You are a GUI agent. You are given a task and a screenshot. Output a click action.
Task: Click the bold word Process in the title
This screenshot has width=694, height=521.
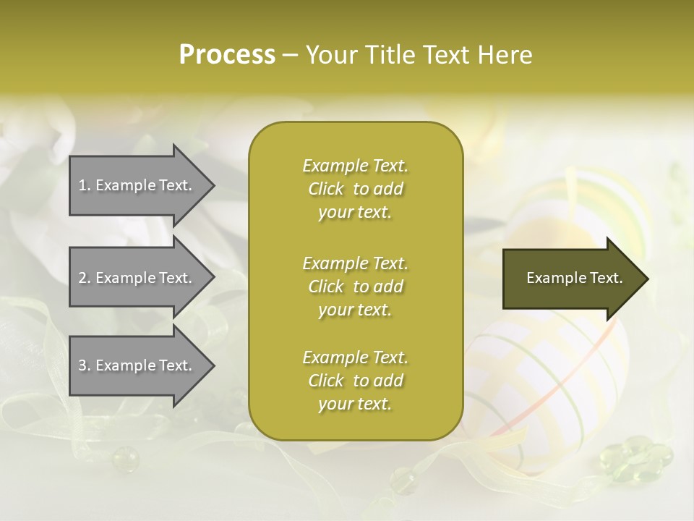pyautogui.click(x=227, y=54)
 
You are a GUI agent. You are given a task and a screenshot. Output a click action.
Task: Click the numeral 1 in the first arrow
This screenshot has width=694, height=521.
pyautogui.click(x=82, y=185)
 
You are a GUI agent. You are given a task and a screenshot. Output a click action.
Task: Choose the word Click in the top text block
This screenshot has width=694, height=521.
pyautogui.click(x=325, y=190)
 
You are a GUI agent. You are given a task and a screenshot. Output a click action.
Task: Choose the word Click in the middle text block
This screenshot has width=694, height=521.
pyautogui.click(x=325, y=287)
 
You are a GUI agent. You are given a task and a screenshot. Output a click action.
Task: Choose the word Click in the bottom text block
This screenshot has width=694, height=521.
pyautogui.click(x=325, y=381)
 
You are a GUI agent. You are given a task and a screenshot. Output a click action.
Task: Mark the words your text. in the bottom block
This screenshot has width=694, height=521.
pyautogui.click(x=355, y=404)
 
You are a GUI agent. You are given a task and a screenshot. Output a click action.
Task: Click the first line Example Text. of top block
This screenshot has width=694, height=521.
pyautogui.click(x=355, y=166)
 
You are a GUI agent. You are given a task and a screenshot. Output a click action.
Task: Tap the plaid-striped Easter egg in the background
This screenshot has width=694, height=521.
pyautogui.click(x=549, y=376)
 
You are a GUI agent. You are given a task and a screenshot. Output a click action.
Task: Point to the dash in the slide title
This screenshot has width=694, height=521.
pyautogui.click(x=291, y=55)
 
